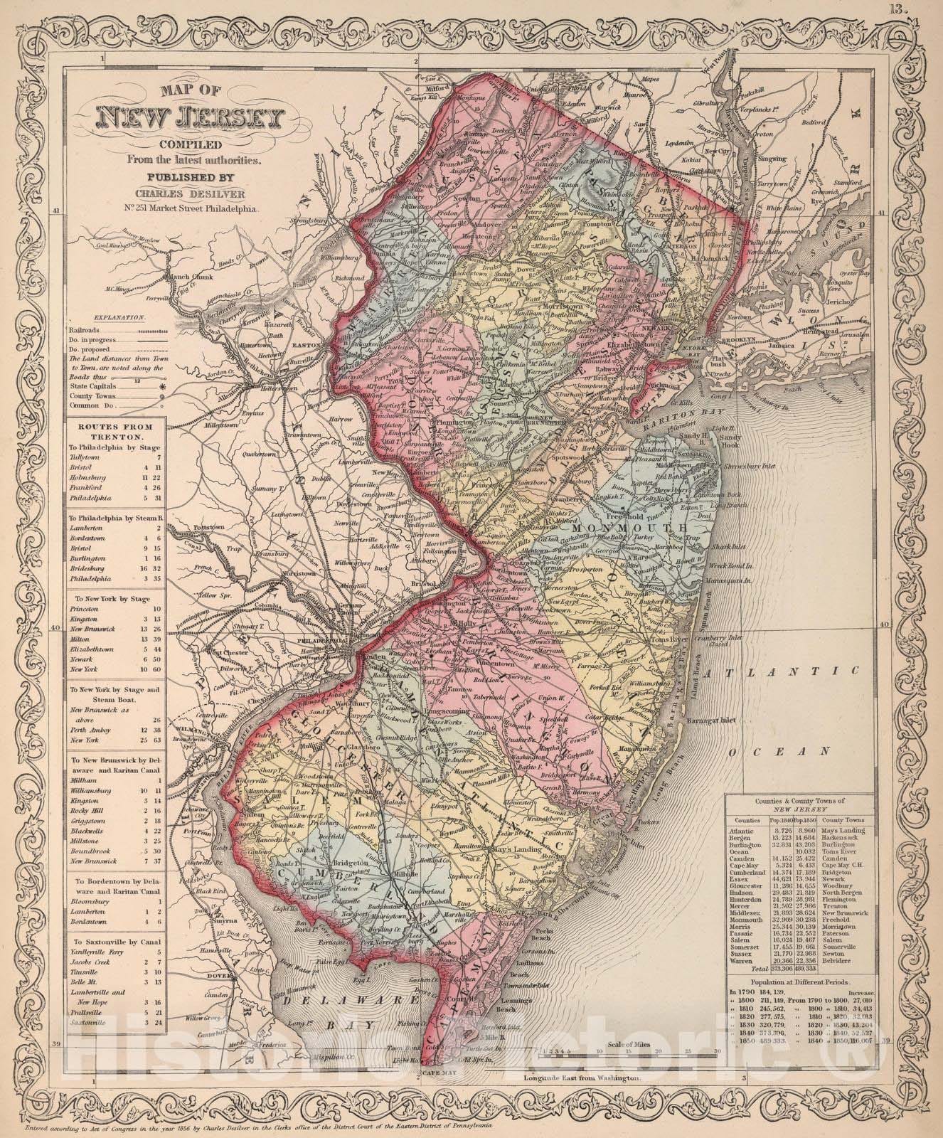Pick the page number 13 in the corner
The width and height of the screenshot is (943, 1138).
(912, 9)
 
